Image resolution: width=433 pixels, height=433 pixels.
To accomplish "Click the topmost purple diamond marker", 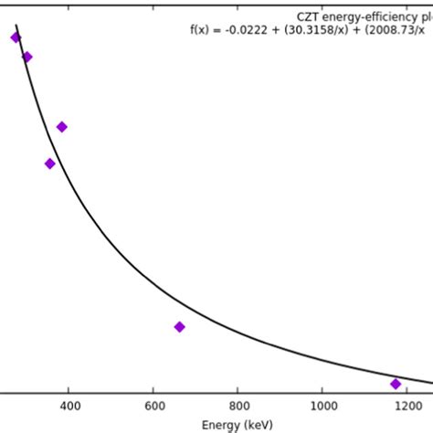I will [16, 37].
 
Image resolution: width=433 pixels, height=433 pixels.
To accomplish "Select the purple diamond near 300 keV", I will [27, 57].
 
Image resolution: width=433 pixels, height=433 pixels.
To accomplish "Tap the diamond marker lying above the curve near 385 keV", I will [62, 127].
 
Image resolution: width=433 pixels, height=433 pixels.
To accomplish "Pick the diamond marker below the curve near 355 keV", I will [50, 164].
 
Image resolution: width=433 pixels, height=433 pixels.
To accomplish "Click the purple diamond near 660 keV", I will [179, 326].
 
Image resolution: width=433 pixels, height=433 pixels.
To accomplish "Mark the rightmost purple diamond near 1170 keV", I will [396, 384].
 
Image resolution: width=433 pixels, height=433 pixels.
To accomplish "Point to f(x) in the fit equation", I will [200, 29].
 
